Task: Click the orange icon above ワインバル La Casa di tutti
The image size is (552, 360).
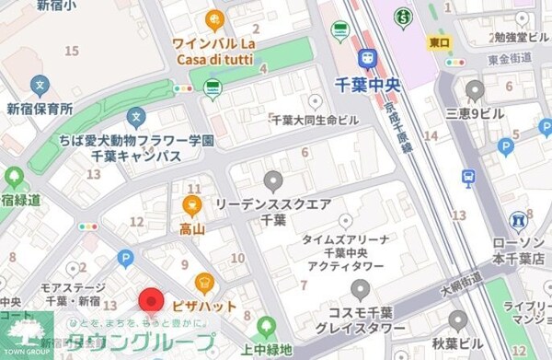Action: (214, 18)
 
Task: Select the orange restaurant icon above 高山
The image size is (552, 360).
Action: (192, 203)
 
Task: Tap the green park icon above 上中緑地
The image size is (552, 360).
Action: (267, 325)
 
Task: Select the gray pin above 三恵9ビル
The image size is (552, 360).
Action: (475, 90)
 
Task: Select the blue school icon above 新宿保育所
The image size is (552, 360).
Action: (40, 87)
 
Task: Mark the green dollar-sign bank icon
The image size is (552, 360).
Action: (402, 17)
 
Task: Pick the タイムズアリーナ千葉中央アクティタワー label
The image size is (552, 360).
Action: (346, 252)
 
